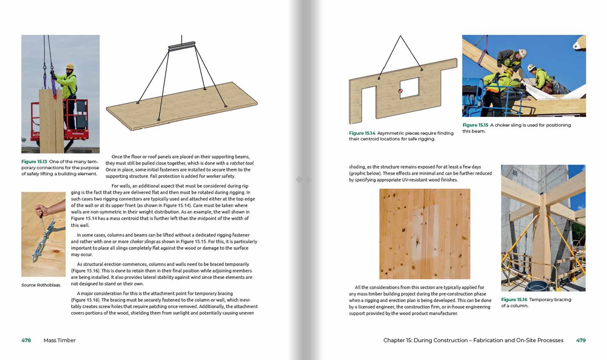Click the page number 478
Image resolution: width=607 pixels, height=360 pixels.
click(x=26, y=340)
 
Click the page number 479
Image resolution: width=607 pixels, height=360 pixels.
click(x=581, y=340)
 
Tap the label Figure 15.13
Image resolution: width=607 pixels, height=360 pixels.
click(x=34, y=162)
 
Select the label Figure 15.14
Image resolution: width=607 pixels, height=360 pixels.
click(x=362, y=133)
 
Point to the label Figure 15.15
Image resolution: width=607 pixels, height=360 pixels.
click(x=475, y=125)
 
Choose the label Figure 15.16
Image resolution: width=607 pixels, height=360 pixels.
click(x=514, y=300)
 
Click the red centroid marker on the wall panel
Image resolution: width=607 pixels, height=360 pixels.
click(x=400, y=91)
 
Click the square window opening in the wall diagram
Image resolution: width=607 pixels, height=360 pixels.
click(x=409, y=88)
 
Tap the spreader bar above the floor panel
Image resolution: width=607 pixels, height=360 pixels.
click(x=181, y=46)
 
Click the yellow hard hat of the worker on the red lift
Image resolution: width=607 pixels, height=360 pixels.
click(x=70, y=66)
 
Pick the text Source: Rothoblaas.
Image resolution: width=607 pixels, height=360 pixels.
click(x=41, y=285)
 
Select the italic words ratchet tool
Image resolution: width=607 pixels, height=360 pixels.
click(x=242, y=163)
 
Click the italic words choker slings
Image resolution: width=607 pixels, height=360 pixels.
click(x=142, y=241)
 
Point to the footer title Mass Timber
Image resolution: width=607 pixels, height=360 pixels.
click(x=59, y=340)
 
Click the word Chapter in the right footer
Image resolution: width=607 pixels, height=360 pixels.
click(x=394, y=340)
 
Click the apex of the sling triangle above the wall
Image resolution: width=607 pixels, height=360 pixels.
click(x=400, y=36)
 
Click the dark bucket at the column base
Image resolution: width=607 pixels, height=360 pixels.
click(x=537, y=286)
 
